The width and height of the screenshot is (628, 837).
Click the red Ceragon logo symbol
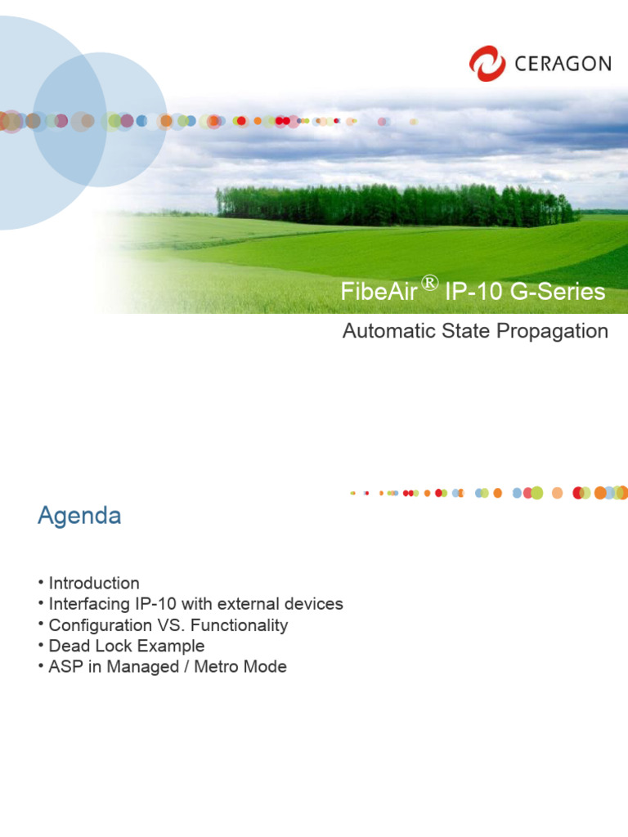coord(487,64)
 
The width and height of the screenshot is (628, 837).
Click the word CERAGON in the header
coord(563,64)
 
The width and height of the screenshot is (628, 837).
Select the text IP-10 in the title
coord(472,293)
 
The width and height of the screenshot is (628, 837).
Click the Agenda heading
coord(79,516)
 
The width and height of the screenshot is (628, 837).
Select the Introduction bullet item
coord(94,583)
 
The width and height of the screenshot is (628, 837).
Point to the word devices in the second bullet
coord(315,604)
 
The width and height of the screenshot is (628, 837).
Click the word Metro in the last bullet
coord(226,667)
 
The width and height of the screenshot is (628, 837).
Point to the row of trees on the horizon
coord(392,204)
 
